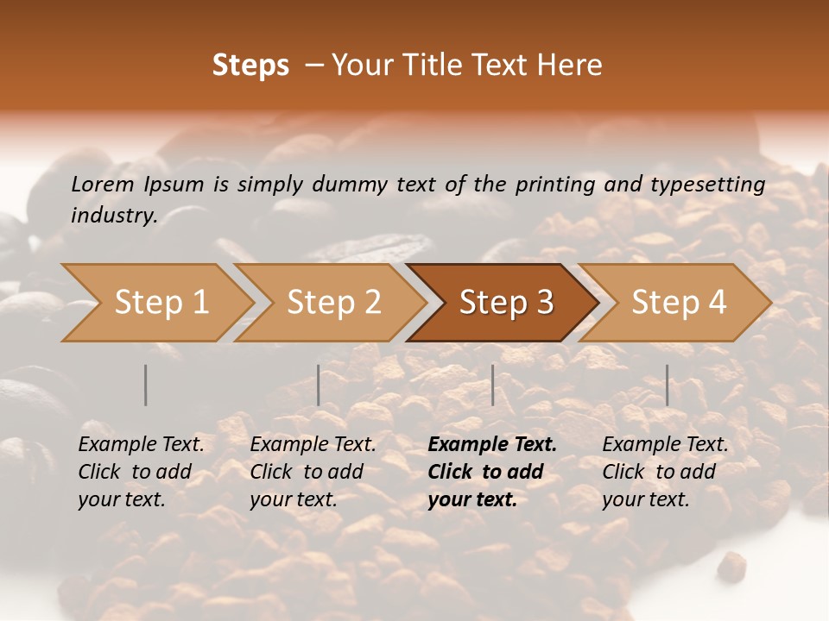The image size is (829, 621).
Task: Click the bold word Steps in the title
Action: click(250, 66)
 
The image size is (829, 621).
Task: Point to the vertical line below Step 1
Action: click(146, 385)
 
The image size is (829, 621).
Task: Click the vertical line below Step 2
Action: click(319, 385)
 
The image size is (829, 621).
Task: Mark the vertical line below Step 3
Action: click(492, 385)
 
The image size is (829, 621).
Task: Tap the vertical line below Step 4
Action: click(667, 385)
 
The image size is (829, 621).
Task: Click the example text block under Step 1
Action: click(141, 472)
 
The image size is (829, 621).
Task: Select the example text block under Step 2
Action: click(313, 472)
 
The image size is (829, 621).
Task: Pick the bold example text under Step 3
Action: click(492, 472)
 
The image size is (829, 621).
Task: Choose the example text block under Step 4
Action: click(665, 472)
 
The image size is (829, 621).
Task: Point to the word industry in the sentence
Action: click(112, 216)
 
